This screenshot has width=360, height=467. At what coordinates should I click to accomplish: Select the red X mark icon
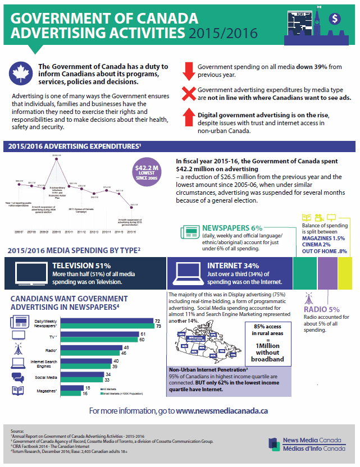(188, 94)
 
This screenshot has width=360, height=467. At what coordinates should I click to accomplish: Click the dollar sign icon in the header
(335, 18)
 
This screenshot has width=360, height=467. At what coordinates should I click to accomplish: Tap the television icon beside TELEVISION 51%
(26, 272)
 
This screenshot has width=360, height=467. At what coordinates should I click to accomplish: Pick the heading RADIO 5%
(322, 309)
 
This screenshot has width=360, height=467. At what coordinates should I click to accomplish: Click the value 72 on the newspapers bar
(158, 321)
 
